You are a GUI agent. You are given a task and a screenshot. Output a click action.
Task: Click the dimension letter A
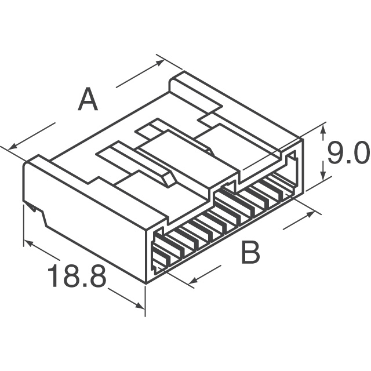tap(88, 100)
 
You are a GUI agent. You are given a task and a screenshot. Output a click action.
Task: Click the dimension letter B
tap(250, 253)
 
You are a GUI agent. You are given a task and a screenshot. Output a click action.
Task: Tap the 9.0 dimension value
tap(346, 155)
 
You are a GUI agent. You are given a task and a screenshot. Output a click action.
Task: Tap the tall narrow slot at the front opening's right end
tap(294, 172)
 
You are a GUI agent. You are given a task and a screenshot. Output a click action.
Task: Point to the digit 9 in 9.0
tap(333, 155)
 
